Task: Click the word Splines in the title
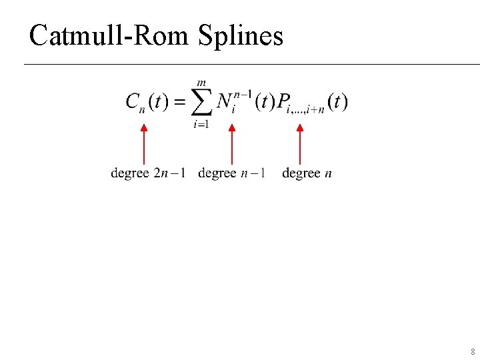point(241,36)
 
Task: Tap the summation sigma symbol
point(202,102)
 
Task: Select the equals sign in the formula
point(178,102)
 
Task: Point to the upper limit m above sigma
point(201,83)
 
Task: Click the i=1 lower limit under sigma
point(201,123)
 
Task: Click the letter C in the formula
point(133,101)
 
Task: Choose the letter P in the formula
point(283,101)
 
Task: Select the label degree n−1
point(232,173)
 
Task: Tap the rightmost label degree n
point(307,173)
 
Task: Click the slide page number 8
point(473,351)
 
